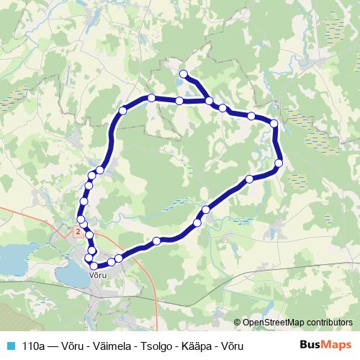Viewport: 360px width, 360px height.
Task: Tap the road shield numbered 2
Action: tap(78, 231)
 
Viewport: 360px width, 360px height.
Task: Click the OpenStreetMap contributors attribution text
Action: tap(297, 323)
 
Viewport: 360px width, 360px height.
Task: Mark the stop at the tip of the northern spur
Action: tap(184, 73)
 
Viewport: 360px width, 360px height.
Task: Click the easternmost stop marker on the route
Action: tap(279, 162)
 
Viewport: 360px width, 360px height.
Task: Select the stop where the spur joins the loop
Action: tap(209, 101)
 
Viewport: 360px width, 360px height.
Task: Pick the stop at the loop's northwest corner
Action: tap(122, 111)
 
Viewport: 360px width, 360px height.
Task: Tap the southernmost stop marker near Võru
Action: tap(94, 266)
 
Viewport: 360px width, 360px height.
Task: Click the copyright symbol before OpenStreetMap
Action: tap(238, 323)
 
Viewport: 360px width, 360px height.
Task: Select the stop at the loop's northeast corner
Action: tap(274, 125)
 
